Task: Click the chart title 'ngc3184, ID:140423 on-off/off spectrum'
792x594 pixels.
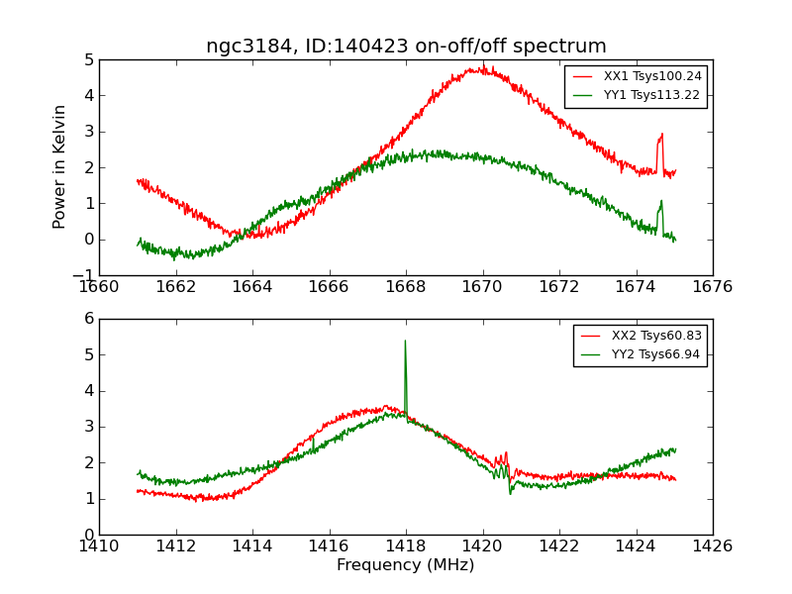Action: click(x=406, y=47)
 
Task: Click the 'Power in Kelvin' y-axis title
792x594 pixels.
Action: click(x=60, y=166)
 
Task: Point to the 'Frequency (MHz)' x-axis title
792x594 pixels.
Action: click(x=406, y=565)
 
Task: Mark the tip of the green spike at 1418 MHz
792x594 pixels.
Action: click(x=405, y=341)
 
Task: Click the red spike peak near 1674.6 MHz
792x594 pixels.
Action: click(x=661, y=134)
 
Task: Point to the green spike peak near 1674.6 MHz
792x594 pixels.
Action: click(x=661, y=201)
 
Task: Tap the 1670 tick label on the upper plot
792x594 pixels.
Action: click(x=483, y=287)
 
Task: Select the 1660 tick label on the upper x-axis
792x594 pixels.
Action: click(x=99, y=287)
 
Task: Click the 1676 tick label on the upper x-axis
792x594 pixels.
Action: click(x=713, y=287)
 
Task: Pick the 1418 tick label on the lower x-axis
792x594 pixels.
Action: click(x=406, y=545)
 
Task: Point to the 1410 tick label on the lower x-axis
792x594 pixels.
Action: click(x=99, y=545)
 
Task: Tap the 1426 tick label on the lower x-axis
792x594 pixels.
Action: click(x=713, y=545)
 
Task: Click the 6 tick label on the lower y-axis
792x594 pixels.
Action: click(x=88, y=319)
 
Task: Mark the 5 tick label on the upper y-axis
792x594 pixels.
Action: click(x=88, y=59)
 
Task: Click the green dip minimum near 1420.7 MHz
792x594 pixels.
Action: click(x=511, y=493)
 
